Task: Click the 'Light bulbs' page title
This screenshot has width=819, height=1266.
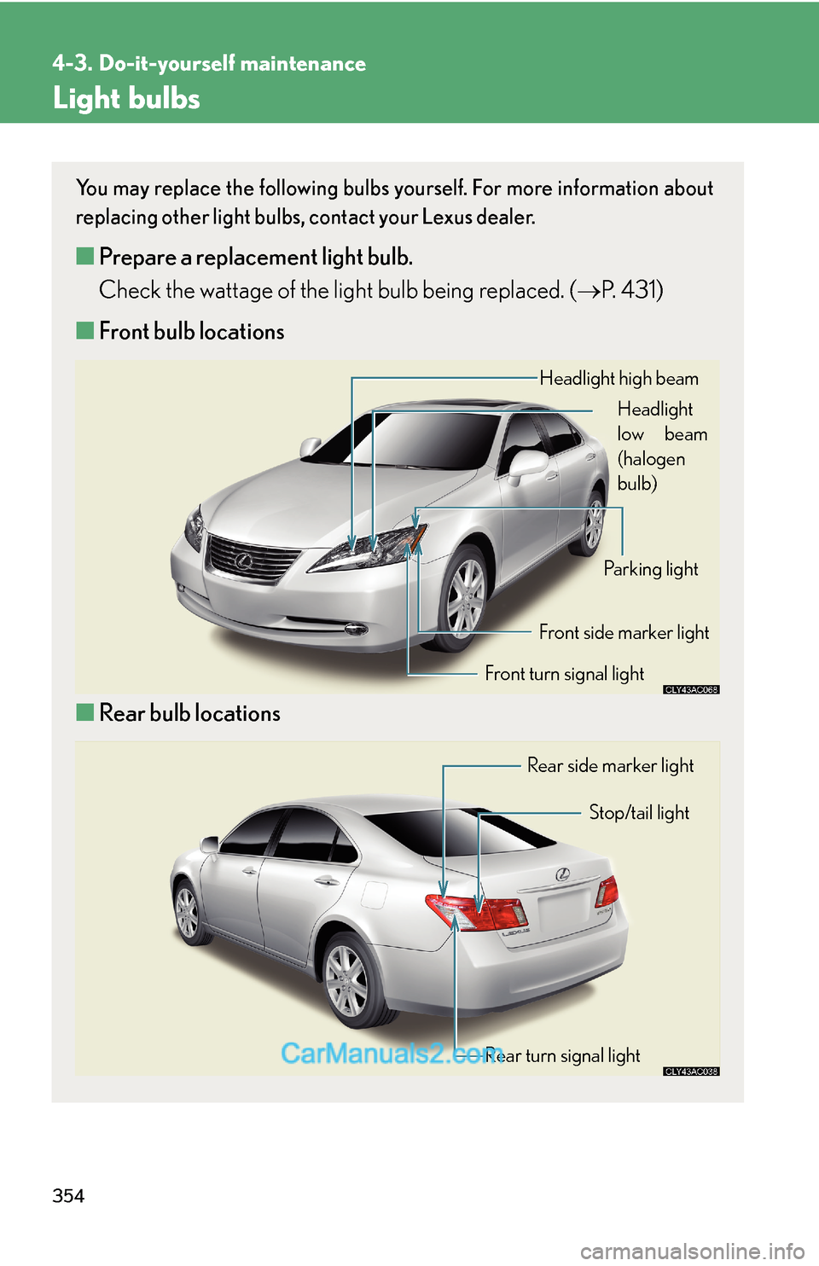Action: [x=126, y=99]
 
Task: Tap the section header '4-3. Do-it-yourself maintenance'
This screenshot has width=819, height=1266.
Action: [x=209, y=64]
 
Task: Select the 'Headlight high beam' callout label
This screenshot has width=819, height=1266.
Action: [x=619, y=379]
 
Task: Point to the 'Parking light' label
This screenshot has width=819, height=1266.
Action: [x=650, y=569]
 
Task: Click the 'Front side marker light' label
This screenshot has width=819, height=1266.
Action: [x=624, y=633]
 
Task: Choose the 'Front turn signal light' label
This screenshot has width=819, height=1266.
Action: [x=564, y=674]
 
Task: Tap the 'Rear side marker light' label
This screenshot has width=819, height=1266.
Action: [x=610, y=766]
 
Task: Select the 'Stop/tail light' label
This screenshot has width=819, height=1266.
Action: [x=639, y=813]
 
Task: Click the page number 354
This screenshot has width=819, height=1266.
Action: [x=68, y=1196]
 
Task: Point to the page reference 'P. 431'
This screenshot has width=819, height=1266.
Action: [x=630, y=291]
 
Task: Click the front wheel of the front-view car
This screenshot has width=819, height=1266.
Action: [x=464, y=598]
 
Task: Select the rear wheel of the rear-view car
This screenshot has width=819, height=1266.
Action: [x=349, y=981]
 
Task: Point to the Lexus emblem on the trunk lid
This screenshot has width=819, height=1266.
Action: [x=562, y=874]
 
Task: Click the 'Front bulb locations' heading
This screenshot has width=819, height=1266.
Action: [x=191, y=332]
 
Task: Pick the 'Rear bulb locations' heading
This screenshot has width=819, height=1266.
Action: [x=189, y=713]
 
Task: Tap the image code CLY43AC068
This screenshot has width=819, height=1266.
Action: [x=691, y=689]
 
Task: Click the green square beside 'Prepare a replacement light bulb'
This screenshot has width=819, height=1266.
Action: [x=84, y=256]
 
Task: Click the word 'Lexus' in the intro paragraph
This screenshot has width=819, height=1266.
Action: [x=447, y=218]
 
